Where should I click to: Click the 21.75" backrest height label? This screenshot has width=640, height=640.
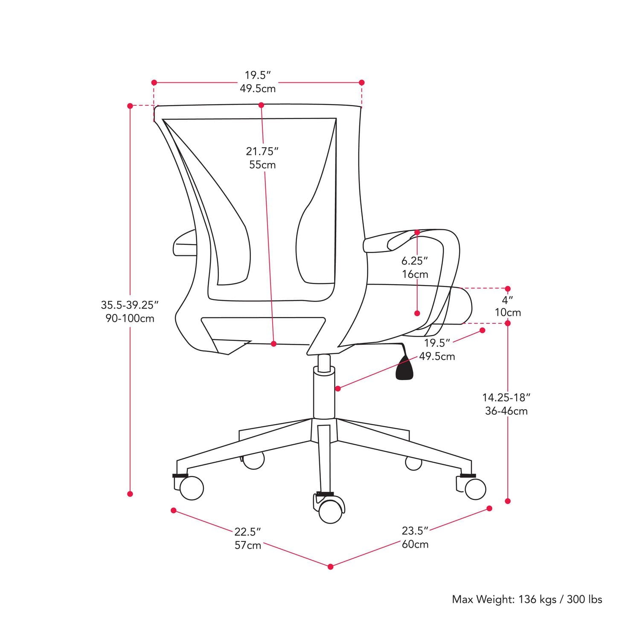pyautogui.click(x=262, y=151)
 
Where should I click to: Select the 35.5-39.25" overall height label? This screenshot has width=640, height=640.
pyautogui.click(x=130, y=305)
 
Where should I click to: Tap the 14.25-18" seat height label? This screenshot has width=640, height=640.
pyautogui.click(x=506, y=398)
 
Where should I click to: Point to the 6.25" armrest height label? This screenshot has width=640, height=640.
pyautogui.click(x=414, y=261)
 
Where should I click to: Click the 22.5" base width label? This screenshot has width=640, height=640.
pyautogui.click(x=247, y=532)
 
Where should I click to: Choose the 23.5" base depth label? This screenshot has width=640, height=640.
pyautogui.click(x=415, y=531)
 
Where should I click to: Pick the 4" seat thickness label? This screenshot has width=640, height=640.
pyautogui.click(x=507, y=300)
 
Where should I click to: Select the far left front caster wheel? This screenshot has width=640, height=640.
pyautogui.click(x=191, y=488)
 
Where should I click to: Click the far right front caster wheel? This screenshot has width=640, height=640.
pyautogui.click(x=475, y=488)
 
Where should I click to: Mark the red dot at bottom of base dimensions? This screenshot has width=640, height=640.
pyautogui.click(x=331, y=567)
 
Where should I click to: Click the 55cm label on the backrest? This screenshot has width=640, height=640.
pyautogui.click(x=262, y=165)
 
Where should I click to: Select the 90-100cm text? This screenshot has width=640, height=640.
pyautogui.click(x=130, y=319)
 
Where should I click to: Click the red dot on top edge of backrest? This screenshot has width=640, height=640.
pyautogui.click(x=261, y=105)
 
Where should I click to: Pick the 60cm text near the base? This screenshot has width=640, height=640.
pyautogui.click(x=415, y=544)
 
